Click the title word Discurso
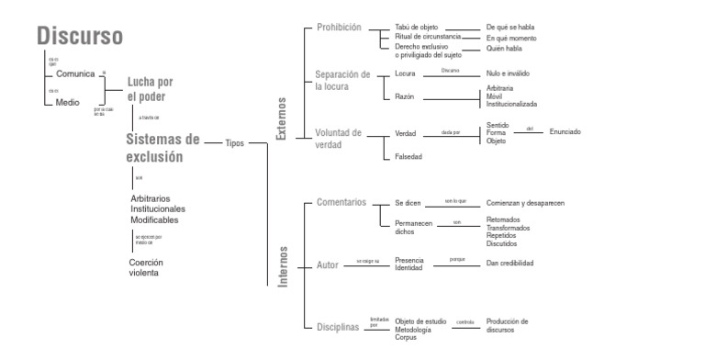point(80,36)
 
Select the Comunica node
point(75,73)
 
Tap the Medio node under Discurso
point(67,102)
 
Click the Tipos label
point(235,143)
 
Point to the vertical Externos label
point(281,118)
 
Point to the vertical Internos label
point(283,266)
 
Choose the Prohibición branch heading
point(339,28)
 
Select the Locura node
point(405,73)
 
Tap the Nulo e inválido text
point(508,73)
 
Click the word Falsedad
point(408,156)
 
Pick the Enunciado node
point(565,132)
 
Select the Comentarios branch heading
point(341,202)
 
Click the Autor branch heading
point(327,265)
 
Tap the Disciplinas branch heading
point(339,326)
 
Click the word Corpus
point(407,338)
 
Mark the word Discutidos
point(502,244)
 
